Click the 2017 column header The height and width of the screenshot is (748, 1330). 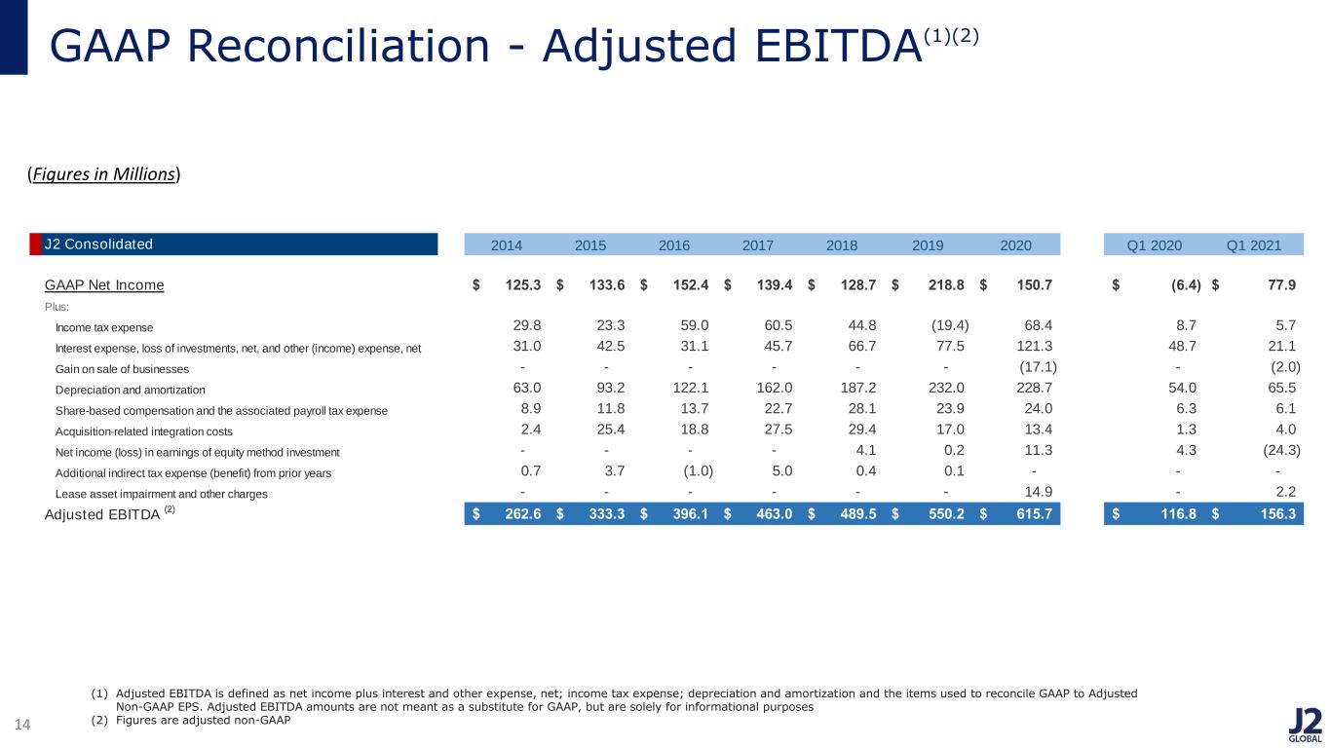pyautogui.click(x=758, y=245)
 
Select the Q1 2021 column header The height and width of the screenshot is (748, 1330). pyautogui.click(x=1254, y=245)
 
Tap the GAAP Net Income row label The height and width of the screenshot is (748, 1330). pyautogui.click(x=104, y=285)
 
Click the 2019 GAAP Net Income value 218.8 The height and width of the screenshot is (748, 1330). pyautogui.click(x=946, y=285)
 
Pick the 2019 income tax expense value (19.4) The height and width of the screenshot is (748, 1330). pyautogui.click(x=950, y=325)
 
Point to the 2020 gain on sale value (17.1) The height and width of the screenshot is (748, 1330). pyautogui.click(x=1038, y=367)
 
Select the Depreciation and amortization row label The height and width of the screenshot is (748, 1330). pyautogui.click(x=130, y=390)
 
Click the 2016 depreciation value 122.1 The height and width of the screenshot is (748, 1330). pyautogui.click(x=691, y=388)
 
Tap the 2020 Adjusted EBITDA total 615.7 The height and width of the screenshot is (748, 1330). pyautogui.click(x=1035, y=513)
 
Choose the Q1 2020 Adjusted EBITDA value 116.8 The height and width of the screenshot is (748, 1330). pyautogui.click(x=1179, y=513)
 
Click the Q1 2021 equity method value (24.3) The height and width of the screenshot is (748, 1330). pyautogui.click(x=1282, y=450)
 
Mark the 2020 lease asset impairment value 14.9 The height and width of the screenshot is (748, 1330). pyautogui.click(x=1039, y=492)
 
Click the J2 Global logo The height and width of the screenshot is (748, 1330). pyautogui.click(x=1305, y=726)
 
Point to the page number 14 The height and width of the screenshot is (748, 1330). pyautogui.click(x=22, y=725)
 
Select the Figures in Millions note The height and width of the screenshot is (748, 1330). pyautogui.click(x=104, y=174)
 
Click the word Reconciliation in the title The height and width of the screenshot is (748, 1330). pyautogui.click(x=338, y=46)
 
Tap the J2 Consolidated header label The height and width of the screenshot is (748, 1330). pyautogui.click(x=98, y=244)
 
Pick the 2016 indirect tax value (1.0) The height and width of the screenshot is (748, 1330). pyautogui.click(x=699, y=470)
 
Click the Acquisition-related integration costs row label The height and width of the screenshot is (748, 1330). pyautogui.click(x=143, y=431)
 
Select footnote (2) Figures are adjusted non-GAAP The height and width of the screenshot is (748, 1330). pyautogui.click(x=191, y=720)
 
